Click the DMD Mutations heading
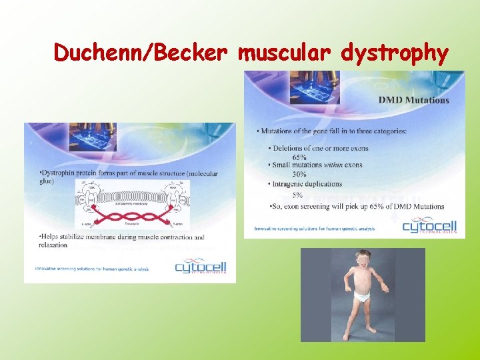point(413,100)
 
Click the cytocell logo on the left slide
point(200,267)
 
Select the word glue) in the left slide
point(47,181)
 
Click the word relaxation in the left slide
point(53,245)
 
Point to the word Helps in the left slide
point(51,237)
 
